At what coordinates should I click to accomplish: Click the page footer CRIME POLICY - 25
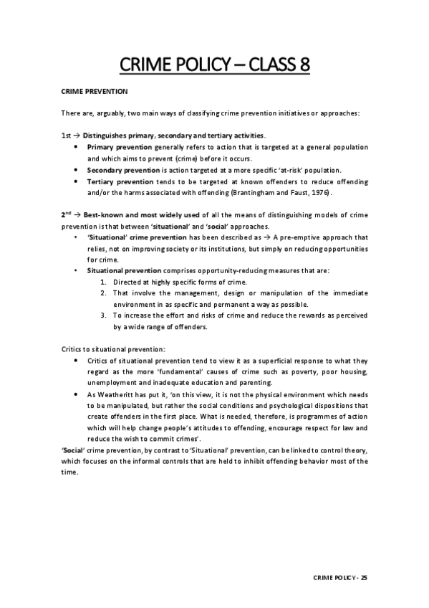click(x=341, y=576)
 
